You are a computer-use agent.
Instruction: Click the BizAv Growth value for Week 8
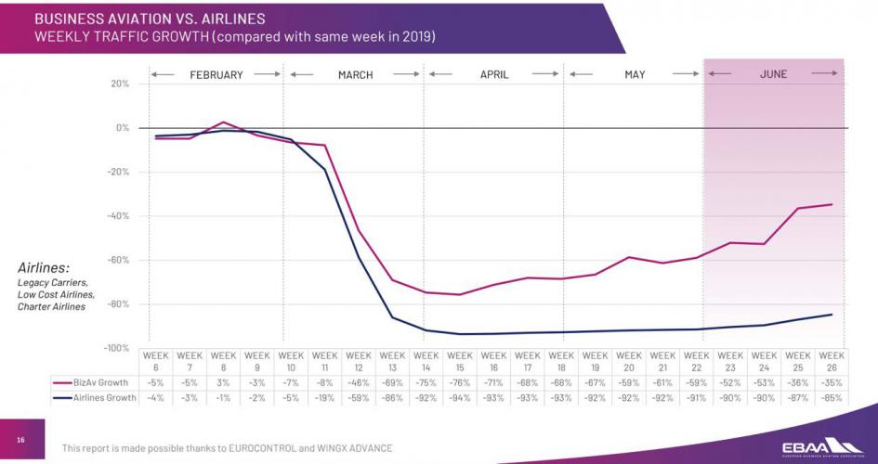(x=223, y=381)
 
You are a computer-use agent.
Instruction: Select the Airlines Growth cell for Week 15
(x=460, y=398)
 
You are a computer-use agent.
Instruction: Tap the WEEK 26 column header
(x=832, y=361)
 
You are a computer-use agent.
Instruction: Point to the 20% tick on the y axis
(x=119, y=84)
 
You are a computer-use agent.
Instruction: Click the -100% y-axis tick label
(x=116, y=348)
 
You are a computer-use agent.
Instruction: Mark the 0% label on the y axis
(x=121, y=128)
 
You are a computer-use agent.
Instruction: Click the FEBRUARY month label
(x=216, y=74)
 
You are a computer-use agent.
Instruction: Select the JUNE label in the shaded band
(x=773, y=74)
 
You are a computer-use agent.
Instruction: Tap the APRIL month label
(x=493, y=74)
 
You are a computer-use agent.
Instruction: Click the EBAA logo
(x=818, y=443)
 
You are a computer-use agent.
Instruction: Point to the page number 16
(x=20, y=440)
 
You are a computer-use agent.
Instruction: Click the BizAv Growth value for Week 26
(x=832, y=381)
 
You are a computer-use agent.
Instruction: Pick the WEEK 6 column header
(x=156, y=361)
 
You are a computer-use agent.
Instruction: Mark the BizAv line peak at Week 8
(x=223, y=122)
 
